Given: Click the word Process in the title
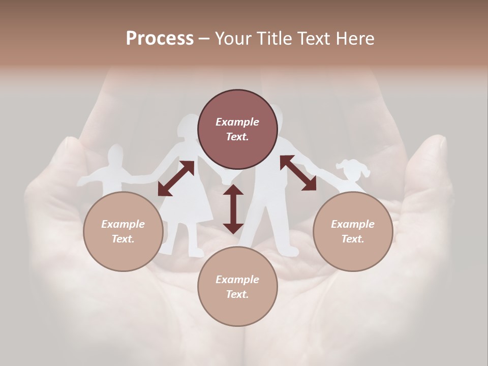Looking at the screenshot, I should pyautogui.click(x=160, y=39).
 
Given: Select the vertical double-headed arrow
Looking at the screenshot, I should pyautogui.click(x=233, y=209).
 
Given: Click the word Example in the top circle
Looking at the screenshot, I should pyautogui.click(x=237, y=122).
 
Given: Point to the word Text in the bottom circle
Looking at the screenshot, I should pyautogui.click(x=237, y=294).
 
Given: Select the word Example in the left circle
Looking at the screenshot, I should pyautogui.click(x=123, y=224).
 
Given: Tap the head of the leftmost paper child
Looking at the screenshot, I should pyautogui.click(x=116, y=155).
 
